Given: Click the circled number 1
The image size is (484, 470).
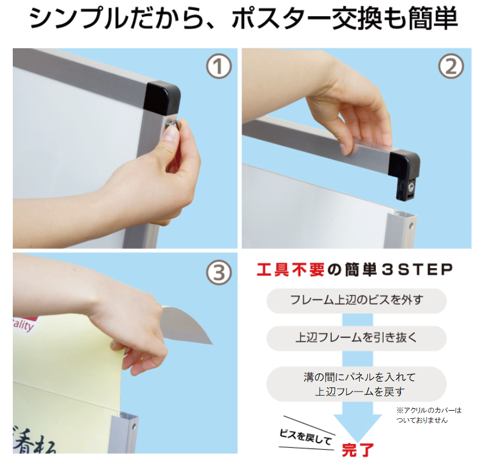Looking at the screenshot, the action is tap(219, 66).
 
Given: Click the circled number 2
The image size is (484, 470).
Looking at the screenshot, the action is tap(451, 66).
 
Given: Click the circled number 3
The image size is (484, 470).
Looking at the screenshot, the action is tap(219, 273).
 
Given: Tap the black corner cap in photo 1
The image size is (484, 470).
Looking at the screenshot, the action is tap(162, 97).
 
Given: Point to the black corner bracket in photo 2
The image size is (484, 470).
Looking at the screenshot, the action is tap(404, 175).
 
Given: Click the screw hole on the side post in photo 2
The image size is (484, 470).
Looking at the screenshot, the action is tap(411, 226).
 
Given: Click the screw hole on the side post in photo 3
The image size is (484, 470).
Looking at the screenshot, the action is tap(134, 428).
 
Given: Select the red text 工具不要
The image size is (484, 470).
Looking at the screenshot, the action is tap(291, 269).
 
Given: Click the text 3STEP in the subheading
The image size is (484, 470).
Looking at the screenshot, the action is tap(417, 269).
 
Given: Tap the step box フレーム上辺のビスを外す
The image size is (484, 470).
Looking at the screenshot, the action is tap(357, 300).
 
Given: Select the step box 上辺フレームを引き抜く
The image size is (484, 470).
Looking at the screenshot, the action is tap(357, 338).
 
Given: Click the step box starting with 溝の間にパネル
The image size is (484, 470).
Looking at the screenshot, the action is tap(357, 384).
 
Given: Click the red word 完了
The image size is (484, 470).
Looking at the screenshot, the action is tap(358, 450).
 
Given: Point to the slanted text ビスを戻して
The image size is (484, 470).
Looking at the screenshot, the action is tap(306, 437).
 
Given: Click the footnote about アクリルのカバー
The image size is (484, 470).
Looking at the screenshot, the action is tap(429, 415).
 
